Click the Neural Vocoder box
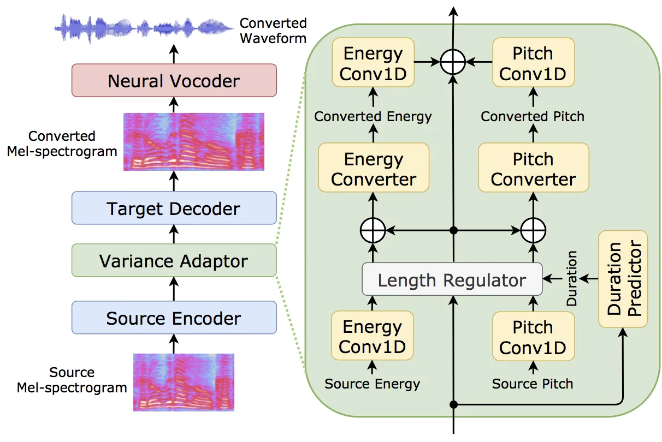tap(174, 80)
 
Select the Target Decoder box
tap(174, 208)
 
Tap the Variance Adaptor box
tap(174, 260)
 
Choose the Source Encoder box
tap(174, 318)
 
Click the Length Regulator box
tap(452, 279)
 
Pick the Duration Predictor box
tap(623, 279)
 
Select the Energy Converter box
tap(374, 168)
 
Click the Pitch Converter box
tap(534, 168)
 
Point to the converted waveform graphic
tap(144, 28)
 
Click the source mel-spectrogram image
tap(184, 383)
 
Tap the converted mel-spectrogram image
tap(194, 142)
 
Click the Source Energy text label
tap(372, 384)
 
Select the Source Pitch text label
tap(533, 384)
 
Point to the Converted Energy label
tap(373, 117)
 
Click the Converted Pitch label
tap(533, 116)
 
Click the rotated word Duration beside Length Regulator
tap(571, 278)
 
